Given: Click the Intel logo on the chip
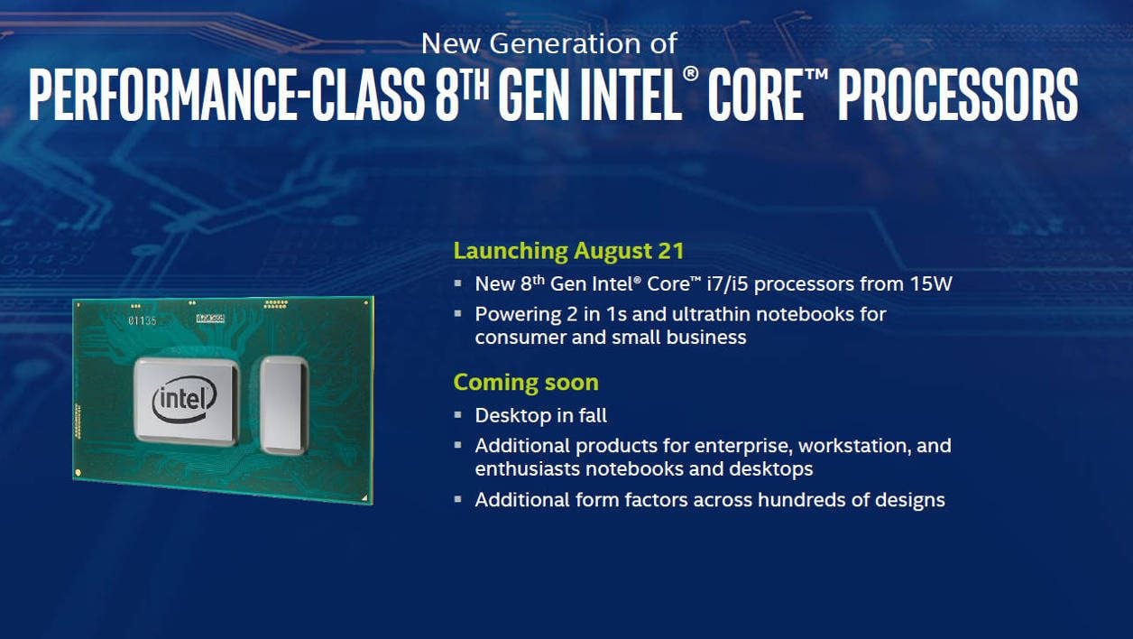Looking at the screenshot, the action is coord(185,399).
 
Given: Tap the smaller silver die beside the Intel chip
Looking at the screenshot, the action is coord(284,404).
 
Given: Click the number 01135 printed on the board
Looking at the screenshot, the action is coord(143,320).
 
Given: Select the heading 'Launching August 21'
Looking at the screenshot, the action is coord(568,251).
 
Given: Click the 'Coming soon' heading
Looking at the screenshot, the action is coord(526,383).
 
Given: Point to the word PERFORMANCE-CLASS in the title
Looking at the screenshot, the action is coord(227,95).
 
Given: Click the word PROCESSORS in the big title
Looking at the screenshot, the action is coord(958,95).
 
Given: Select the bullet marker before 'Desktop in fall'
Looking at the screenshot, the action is coord(457,415).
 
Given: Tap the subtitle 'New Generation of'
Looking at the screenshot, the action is coord(549,43).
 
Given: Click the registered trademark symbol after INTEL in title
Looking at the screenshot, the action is coord(690,74).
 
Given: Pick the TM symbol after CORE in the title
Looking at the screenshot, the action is coord(816,74).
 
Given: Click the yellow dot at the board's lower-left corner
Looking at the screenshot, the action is coord(78,473).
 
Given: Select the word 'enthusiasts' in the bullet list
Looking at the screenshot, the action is coord(528,469).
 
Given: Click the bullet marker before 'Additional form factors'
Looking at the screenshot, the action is coord(457,500).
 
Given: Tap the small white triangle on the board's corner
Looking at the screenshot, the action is coord(364,498).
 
